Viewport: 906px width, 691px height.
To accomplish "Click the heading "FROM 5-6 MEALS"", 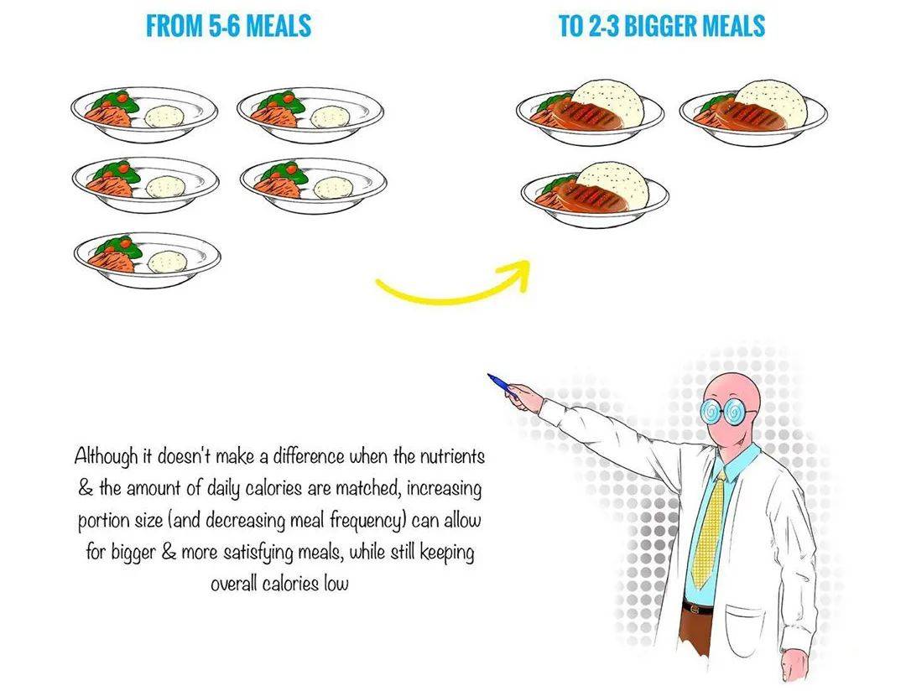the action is click(229, 26).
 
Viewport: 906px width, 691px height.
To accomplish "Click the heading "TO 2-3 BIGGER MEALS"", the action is click(662, 26).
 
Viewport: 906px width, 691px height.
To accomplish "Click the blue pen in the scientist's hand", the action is click(502, 386).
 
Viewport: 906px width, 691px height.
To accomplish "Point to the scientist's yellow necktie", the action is click(711, 528).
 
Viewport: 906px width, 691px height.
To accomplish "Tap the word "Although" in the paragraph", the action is click(107, 456).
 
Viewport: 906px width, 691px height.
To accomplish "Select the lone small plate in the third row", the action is click(148, 259).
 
